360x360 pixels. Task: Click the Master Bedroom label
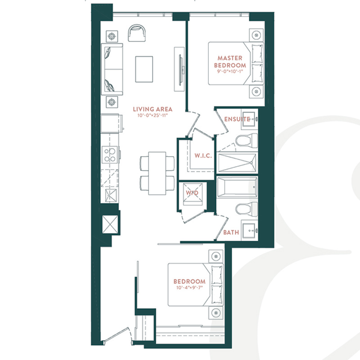click(230, 62)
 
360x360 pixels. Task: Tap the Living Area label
click(153, 109)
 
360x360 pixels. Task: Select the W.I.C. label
click(203, 156)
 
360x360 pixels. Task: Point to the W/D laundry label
click(192, 193)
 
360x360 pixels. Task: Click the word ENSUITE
click(237, 119)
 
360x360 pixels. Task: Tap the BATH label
click(231, 232)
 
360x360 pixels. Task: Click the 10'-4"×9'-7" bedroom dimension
click(189, 288)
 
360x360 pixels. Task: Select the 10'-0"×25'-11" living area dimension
click(153, 115)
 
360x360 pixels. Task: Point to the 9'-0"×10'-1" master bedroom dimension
click(230, 71)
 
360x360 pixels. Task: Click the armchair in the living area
click(137, 33)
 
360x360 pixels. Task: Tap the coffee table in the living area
click(144, 69)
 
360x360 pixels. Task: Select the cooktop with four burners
click(110, 155)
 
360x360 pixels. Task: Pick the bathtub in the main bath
click(237, 187)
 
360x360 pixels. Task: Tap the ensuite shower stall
click(237, 162)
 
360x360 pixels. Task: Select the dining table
click(157, 173)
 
